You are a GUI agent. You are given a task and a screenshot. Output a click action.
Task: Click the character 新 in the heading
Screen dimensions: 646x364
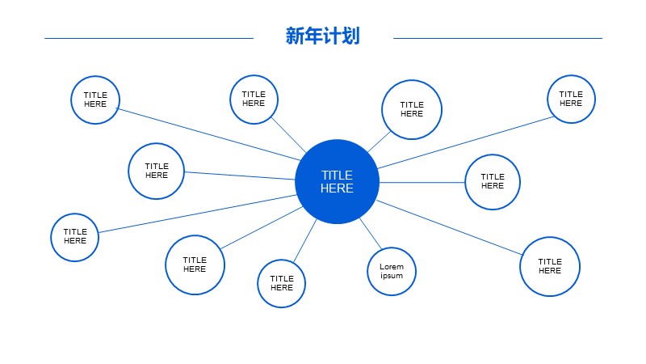(x=295, y=36)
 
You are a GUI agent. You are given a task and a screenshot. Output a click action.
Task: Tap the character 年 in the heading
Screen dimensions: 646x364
(x=313, y=36)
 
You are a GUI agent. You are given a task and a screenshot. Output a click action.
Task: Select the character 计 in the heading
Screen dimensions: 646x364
(x=332, y=36)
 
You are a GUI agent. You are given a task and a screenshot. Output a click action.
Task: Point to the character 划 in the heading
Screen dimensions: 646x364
(x=350, y=36)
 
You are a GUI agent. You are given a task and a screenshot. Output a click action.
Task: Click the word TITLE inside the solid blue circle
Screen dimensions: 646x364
(x=337, y=175)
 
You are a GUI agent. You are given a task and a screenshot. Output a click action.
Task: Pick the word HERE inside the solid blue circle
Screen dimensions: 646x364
(x=337, y=188)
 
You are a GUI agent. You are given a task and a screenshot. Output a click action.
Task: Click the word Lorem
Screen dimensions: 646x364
(x=392, y=267)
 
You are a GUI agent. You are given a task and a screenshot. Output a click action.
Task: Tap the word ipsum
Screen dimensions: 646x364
(x=392, y=276)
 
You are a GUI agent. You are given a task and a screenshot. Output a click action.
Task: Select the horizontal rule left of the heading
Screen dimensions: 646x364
(x=149, y=38)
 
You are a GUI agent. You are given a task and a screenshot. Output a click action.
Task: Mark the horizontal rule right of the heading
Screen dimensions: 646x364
(x=497, y=38)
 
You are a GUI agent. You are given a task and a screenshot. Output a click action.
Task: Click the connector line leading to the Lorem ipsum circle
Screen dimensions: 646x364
(x=371, y=233)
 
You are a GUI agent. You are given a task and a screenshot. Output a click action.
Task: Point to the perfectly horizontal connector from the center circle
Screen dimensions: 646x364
(x=422, y=182)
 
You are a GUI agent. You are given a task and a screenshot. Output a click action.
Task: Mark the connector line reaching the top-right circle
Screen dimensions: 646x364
(x=466, y=143)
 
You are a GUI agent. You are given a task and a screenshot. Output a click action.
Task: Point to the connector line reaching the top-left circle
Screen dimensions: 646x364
(x=208, y=134)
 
